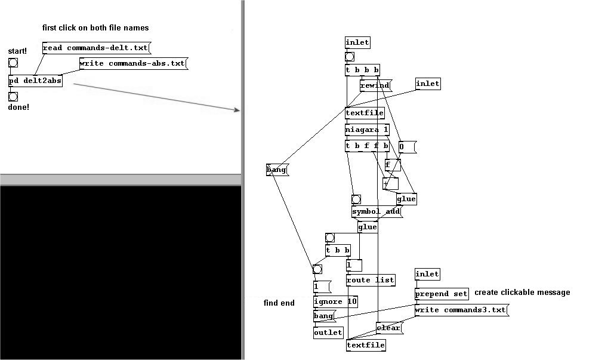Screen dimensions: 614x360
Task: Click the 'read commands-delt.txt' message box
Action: click(x=96, y=48)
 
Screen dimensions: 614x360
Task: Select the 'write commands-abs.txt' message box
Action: click(x=134, y=63)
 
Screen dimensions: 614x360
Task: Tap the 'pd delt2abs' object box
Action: click(x=36, y=81)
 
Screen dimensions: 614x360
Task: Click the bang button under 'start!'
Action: click(x=13, y=63)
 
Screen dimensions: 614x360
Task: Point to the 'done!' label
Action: click(x=18, y=107)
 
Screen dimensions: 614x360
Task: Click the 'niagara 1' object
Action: click(x=368, y=130)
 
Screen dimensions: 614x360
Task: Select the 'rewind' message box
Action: click(x=375, y=85)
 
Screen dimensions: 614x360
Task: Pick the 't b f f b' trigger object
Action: click(x=368, y=146)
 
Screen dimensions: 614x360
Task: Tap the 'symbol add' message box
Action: click(x=377, y=211)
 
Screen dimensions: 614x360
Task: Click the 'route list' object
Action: click(x=371, y=280)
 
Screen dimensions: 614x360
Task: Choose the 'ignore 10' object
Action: click(x=335, y=301)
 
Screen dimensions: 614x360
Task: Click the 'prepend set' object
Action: click(x=442, y=294)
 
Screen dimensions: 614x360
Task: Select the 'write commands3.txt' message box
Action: click(x=462, y=310)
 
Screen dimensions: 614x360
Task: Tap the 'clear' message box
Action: click(x=389, y=328)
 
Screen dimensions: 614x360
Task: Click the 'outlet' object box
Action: click(x=329, y=333)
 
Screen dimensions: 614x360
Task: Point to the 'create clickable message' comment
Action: click(x=522, y=292)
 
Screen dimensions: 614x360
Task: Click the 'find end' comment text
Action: click(x=279, y=303)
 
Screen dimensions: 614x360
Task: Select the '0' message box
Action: click(x=407, y=147)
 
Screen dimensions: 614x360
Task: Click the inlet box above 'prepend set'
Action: click(x=427, y=274)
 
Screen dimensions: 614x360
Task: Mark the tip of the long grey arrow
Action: click(x=240, y=110)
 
